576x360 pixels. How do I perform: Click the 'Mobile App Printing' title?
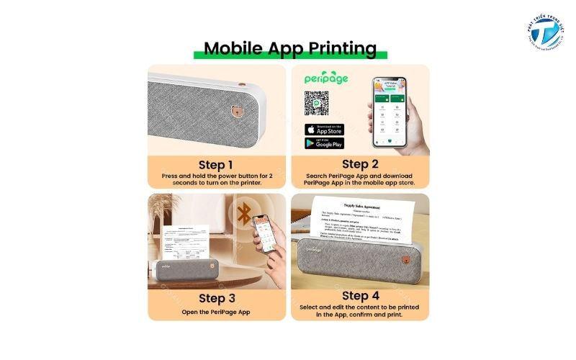289,48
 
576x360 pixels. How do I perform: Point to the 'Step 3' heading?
216,297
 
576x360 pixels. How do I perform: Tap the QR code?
317,103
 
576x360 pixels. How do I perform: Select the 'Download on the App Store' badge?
324,130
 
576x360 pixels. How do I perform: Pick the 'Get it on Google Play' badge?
324,143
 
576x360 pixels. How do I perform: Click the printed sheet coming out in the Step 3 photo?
190,245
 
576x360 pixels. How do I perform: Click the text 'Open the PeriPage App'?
216,312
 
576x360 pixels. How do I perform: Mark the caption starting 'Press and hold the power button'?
216,179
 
